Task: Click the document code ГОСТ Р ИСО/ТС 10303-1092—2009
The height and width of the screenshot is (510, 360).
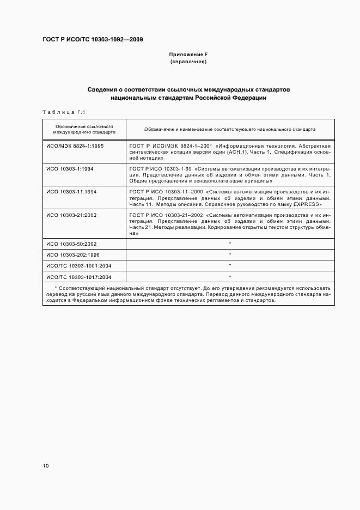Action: [93, 40]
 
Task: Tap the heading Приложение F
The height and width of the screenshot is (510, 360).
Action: [188, 54]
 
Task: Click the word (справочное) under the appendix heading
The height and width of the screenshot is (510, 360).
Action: [188, 62]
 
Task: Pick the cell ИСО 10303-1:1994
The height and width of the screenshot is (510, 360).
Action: [70, 169]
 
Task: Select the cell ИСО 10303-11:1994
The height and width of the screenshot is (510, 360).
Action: [71, 192]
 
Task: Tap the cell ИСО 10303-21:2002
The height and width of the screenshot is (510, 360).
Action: [71, 215]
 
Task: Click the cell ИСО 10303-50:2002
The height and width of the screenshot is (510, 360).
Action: [71, 244]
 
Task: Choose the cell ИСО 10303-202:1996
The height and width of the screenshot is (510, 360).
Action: [73, 254]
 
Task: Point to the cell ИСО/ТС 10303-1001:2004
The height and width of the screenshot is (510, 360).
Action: [78, 265]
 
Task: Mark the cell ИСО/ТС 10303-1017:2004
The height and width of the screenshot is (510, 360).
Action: [78, 276]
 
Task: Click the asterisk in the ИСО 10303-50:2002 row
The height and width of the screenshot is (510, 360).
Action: [230, 244]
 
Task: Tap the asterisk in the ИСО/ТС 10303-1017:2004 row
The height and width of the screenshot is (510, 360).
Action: [230, 276]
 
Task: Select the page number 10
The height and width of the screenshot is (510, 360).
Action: [46, 466]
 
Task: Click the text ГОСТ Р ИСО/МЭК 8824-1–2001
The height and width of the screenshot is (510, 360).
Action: [170, 147]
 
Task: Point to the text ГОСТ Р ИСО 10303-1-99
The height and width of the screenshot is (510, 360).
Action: [160, 169]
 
